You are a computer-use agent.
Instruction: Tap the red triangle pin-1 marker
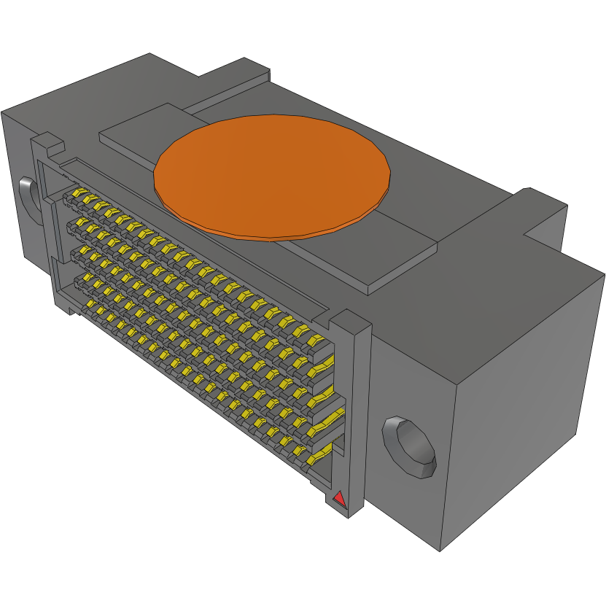(x=338, y=499)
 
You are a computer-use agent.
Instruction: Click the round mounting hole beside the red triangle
(x=409, y=446)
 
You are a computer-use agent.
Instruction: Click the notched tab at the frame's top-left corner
(x=45, y=141)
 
